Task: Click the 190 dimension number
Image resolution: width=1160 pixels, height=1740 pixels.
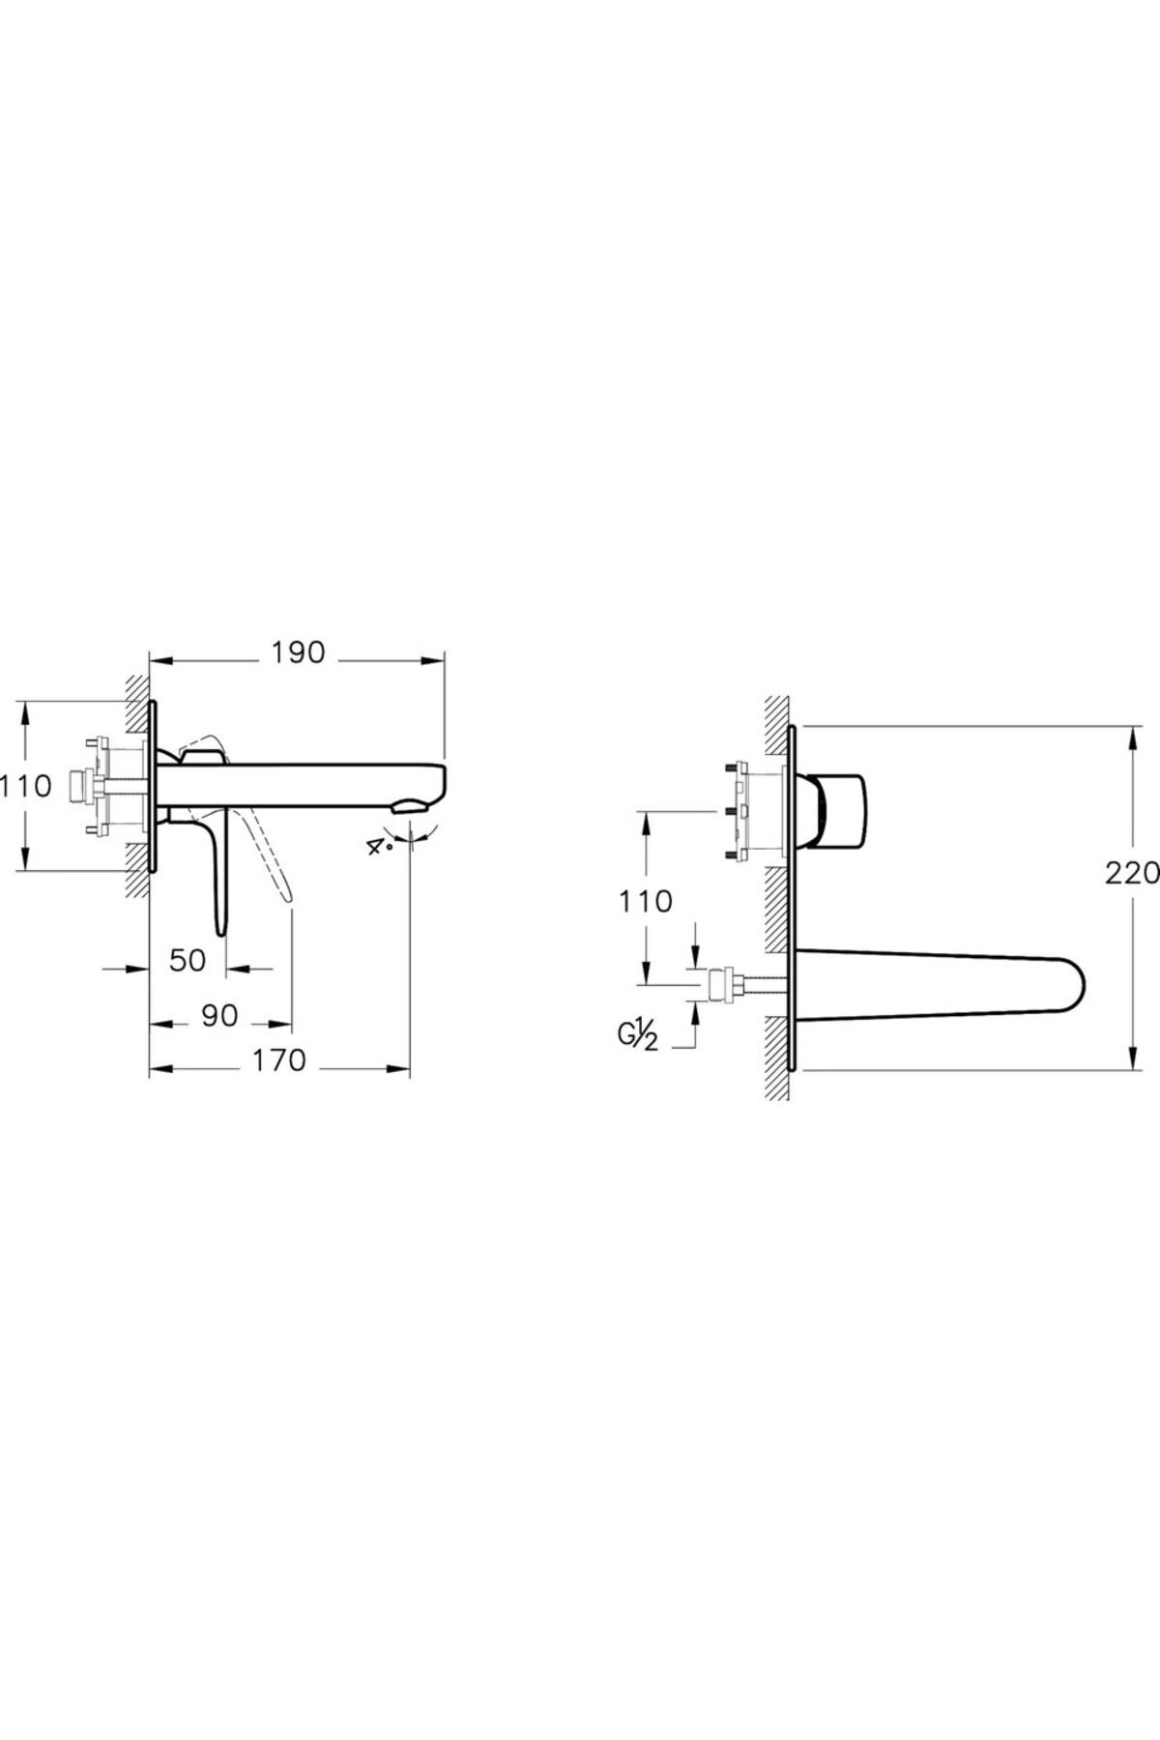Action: pyautogui.click(x=297, y=653)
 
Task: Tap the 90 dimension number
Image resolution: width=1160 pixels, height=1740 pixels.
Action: pyautogui.click(x=219, y=1016)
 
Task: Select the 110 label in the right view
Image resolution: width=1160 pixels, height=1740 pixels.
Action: pyautogui.click(x=645, y=901)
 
